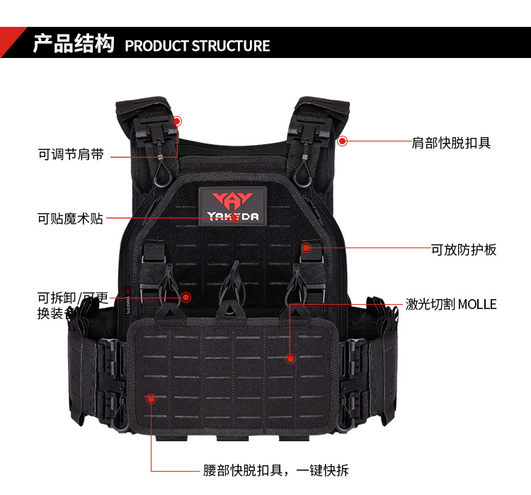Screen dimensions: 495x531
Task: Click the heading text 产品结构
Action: click(x=74, y=44)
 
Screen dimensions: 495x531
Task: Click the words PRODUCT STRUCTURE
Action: click(x=198, y=46)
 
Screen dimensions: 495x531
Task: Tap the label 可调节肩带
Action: click(x=71, y=154)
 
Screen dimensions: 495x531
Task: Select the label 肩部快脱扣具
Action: click(x=451, y=143)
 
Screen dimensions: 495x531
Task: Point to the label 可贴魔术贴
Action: click(x=70, y=219)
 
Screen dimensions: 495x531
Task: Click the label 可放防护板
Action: click(x=464, y=250)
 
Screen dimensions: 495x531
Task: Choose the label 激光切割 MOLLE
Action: click(x=451, y=305)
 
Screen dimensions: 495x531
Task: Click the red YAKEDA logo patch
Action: click(x=233, y=204)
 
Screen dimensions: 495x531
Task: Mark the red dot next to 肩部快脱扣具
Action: click(x=342, y=141)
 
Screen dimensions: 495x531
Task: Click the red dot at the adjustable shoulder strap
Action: click(x=176, y=122)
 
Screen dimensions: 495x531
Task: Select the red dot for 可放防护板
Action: click(x=306, y=248)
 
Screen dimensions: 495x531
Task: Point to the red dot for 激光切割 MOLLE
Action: click(x=290, y=359)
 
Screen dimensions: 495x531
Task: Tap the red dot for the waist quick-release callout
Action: click(x=151, y=400)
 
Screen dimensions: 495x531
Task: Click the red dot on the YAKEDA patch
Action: click(x=234, y=217)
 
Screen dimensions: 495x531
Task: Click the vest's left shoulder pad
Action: click(x=142, y=113)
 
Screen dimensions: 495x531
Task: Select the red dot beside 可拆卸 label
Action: click(x=185, y=297)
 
